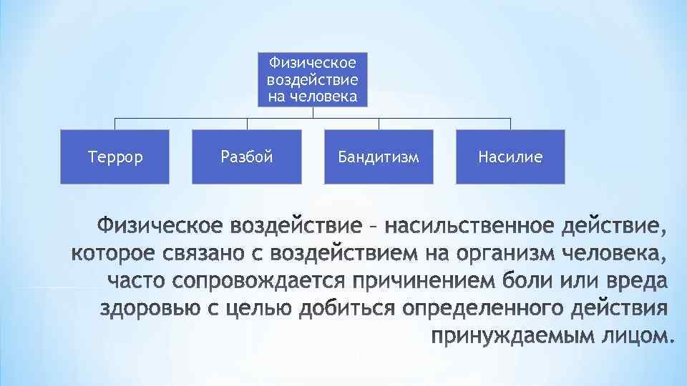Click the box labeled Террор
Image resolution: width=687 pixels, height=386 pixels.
pyautogui.click(x=114, y=157)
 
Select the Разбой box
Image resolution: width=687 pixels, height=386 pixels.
pyautogui.click(x=247, y=157)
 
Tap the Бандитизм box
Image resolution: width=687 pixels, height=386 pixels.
pyautogui.click(x=379, y=157)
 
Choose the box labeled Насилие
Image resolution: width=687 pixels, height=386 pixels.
pyautogui.click(x=510, y=157)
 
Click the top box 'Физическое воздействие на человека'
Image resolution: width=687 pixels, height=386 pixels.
pyautogui.click(x=313, y=79)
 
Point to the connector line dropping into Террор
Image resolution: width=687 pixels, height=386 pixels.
pyautogui.click(x=114, y=124)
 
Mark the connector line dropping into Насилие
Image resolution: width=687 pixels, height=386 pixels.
pyautogui.click(x=510, y=124)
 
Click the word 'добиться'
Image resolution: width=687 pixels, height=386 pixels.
pyautogui.click(x=349, y=309)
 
